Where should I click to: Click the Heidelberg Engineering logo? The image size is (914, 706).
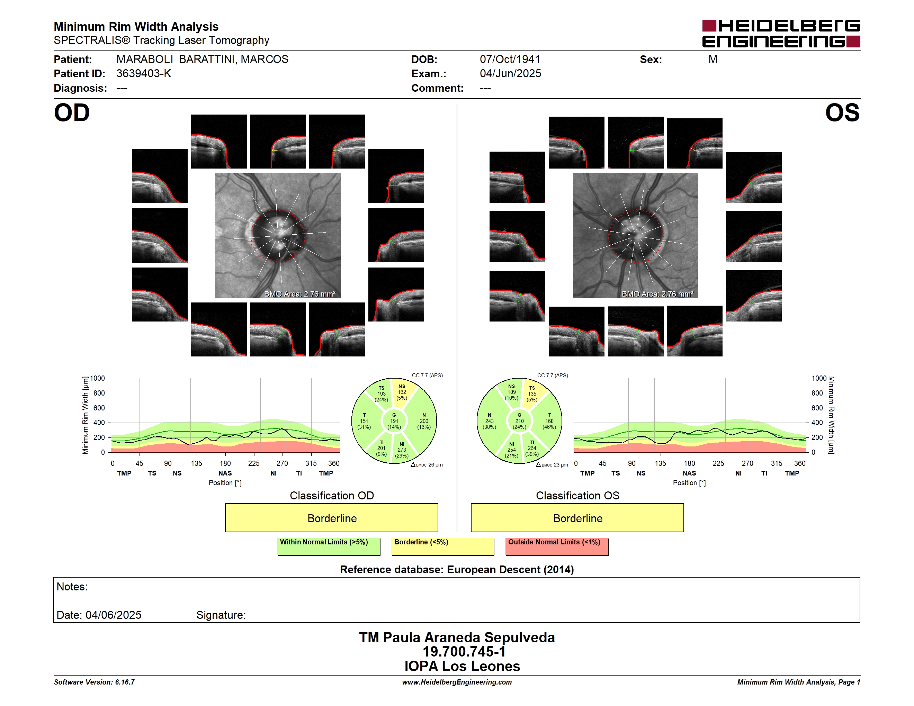(781, 34)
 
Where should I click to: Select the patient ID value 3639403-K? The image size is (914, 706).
(144, 74)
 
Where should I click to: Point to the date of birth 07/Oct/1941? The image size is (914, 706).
(510, 60)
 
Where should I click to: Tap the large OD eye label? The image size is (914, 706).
(72, 113)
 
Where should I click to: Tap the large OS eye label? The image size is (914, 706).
(842, 113)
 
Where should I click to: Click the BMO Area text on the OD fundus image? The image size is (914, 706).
(299, 294)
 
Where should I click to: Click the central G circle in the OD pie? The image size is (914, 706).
(394, 421)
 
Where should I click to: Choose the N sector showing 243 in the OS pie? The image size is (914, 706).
(490, 421)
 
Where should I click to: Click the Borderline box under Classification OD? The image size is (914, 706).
(331, 518)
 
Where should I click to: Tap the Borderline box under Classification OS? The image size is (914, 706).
(577, 518)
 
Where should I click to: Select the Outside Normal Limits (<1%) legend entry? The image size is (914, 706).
(557, 546)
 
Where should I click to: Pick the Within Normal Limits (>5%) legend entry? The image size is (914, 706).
(329, 546)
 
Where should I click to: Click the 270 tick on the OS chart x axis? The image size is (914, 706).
(747, 463)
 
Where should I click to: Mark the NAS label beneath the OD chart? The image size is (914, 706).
(225, 473)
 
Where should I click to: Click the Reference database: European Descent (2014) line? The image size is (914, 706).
(457, 570)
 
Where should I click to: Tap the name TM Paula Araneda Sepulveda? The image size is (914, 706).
(457, 637)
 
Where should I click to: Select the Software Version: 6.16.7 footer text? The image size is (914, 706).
(94, 682)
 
